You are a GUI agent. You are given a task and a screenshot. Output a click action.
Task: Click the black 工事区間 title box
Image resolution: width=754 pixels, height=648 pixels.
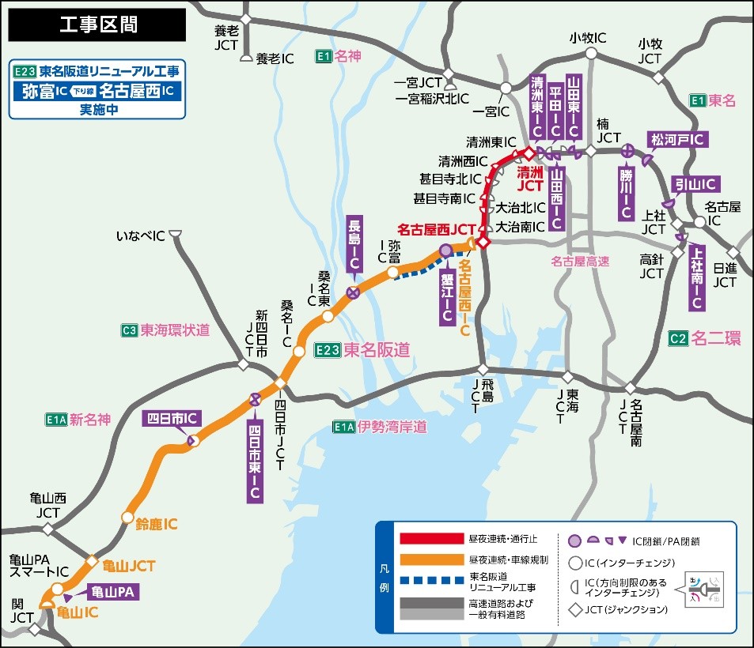coord(97,25)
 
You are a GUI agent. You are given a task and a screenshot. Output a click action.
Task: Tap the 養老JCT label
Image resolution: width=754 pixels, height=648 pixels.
coord(227,38)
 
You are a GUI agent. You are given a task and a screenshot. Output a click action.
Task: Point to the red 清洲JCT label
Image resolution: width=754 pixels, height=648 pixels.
coord(529,178)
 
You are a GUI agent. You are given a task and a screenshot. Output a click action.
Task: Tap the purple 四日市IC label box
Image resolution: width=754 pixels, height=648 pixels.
coord(171,418)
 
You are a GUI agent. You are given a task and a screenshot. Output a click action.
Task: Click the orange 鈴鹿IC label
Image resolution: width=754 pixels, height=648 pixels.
coord(156,524)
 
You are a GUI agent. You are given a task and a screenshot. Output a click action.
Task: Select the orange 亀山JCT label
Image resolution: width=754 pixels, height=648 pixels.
coord(128,566)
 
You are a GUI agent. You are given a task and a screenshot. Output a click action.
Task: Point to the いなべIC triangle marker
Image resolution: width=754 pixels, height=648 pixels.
coord(176,234)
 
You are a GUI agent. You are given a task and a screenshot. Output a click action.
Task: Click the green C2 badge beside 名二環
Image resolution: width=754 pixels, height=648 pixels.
coord(678,338)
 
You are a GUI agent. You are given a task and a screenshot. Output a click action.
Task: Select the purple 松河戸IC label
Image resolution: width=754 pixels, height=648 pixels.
coord(678,140)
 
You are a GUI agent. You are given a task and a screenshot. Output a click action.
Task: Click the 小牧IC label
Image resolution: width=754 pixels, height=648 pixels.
coord(588,38)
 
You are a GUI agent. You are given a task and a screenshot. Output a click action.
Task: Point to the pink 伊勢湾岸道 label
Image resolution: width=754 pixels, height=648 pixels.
coord(392,428)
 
